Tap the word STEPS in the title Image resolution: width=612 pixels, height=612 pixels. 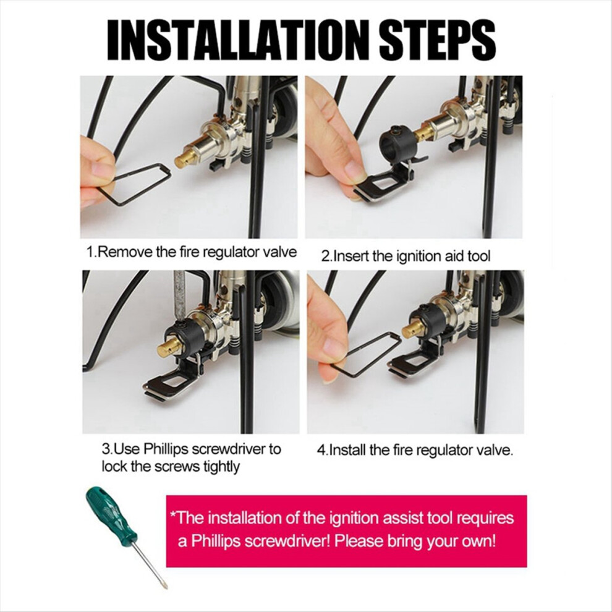point(437,40)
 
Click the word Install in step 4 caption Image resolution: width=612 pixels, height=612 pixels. point(347,451)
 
